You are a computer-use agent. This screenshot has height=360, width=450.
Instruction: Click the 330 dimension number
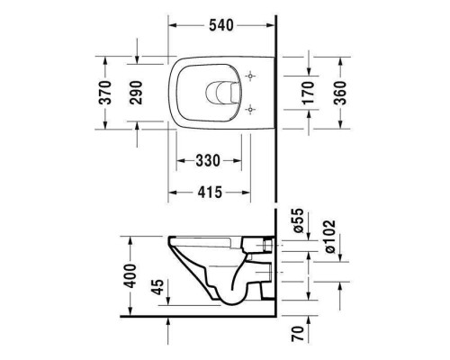(209, 160)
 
